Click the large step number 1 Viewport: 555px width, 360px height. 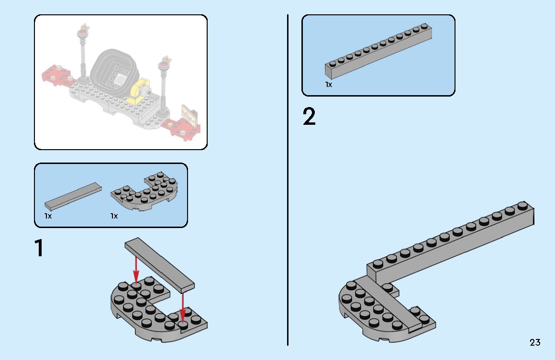click(39, 248)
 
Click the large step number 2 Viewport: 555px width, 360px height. click(310, 117)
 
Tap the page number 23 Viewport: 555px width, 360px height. click(535, 342)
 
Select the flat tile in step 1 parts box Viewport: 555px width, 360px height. click(73, 196)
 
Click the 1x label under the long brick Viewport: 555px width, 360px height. click(329, 85)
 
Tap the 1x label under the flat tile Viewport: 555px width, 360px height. click(48, 216)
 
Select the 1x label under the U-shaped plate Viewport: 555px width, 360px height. click(114, 216)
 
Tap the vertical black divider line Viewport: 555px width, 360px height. click(288, 180)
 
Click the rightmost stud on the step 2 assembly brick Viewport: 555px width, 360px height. click(522, 207)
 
